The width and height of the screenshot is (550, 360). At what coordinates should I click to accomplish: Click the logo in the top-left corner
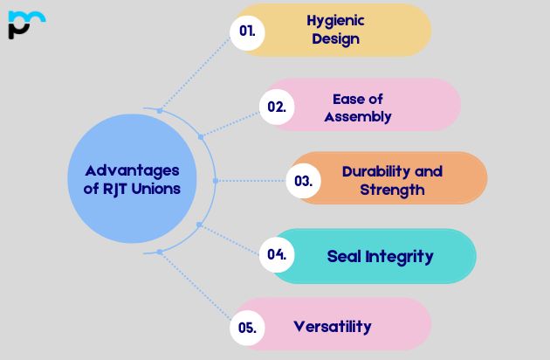[x=27, y=24]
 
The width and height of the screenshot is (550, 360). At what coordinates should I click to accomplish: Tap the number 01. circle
[x=247, y=32]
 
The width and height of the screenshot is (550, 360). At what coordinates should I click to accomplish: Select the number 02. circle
[x=277, y=107]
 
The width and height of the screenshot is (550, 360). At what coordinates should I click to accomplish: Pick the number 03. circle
[x=304, y=181]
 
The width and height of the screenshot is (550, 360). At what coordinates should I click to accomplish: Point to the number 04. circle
[x=277, y=254]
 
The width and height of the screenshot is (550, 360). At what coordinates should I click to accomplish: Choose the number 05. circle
[x=247, y=328]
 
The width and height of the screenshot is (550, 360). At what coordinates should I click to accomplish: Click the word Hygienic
[x=336, y=22]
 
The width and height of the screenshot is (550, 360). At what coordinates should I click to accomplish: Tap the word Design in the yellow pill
[x=336, y=39]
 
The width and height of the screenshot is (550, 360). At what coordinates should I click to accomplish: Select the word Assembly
[x=358, y=117]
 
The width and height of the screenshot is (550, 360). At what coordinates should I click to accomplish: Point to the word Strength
[x=392, y=190]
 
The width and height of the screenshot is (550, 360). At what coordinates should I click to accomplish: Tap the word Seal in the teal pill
[x=344, y=256]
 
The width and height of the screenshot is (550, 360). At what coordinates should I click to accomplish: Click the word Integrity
[x=400, y=257]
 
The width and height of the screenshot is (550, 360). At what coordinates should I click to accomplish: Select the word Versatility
[x=333, y=327]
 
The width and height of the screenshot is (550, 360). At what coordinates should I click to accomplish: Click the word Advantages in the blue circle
[x=132, y=171]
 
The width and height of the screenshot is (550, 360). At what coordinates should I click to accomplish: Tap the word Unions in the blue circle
[x=155, y=189]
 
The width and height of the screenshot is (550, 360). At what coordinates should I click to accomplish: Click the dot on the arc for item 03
[x=216, y=181]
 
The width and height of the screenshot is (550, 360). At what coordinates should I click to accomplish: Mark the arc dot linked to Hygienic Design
[x=160, y=111]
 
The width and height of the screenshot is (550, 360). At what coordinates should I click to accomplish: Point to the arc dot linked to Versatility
[x=160, y=252]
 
